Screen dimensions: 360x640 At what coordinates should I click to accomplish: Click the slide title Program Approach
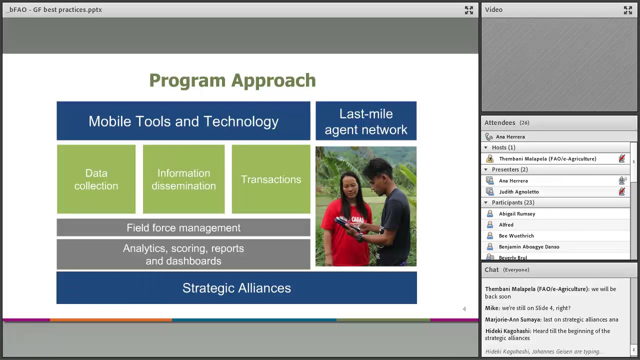pyautogui.click(x=232, y=80)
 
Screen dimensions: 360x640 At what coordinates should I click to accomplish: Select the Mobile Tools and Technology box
pyautogui.click(x=183, y=121)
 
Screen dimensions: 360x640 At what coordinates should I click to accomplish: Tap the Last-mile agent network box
pyautogui.click(x=366, y=121)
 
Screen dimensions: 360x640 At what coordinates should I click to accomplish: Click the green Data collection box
pyautogui.click(x=96, y=179)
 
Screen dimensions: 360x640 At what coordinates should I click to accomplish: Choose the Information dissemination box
pyautogui.click(x=183, y=179)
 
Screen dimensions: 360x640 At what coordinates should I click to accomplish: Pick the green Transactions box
pyautogui.click(x=270, y=179)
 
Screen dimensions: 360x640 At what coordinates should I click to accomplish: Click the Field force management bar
pyautogui.click(x=183, y=228)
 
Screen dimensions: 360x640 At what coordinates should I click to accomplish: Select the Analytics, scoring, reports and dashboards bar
pyautogui.click(x=183, y=254)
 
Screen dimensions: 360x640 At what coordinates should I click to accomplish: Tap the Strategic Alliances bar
pyautogui.click(x=236, y=288)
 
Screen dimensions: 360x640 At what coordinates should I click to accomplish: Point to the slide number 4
pyautogui.click(x=464, y=309)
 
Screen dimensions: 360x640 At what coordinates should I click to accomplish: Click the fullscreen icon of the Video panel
pyautogui.click(x=628, y=10)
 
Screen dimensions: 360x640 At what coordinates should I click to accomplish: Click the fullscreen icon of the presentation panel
pyautogui.click(x=468, y=10)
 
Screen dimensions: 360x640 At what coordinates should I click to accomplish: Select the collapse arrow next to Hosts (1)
pyautogui.click(x=485, y=147)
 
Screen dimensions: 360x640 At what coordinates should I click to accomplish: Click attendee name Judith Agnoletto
pyautogui.click(x=518, y=192)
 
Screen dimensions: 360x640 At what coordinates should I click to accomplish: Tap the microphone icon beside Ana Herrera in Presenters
pyautogui.click(x=622, y=181)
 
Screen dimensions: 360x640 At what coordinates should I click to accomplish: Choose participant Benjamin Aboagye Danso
pyautogui.click(x=529, y=247)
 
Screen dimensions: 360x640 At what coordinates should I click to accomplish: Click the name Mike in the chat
pyautogui.click(x=492, y=308)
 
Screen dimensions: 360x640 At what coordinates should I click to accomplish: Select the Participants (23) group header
pyautogui.click(x=512, y=202)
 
